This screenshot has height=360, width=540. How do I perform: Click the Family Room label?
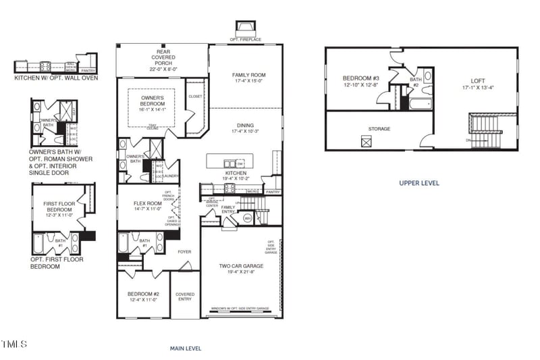point(245,75)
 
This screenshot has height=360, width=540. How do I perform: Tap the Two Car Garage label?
point(241,266)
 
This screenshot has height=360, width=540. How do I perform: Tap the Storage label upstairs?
point(379,128)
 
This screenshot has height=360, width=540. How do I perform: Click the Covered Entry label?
point(185,297)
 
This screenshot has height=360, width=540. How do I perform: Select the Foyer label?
point(184,252)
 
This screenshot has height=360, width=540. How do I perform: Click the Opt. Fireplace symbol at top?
point(244,30)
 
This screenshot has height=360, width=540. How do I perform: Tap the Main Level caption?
point(185,349)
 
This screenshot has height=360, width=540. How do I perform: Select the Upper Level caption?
point(419,182)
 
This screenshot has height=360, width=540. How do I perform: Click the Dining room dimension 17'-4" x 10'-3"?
point(244,131)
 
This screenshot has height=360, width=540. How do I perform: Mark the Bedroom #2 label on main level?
point(143,294)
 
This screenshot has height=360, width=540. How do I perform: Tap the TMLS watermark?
point(14,344)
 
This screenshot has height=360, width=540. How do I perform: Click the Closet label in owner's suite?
point(195,97)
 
